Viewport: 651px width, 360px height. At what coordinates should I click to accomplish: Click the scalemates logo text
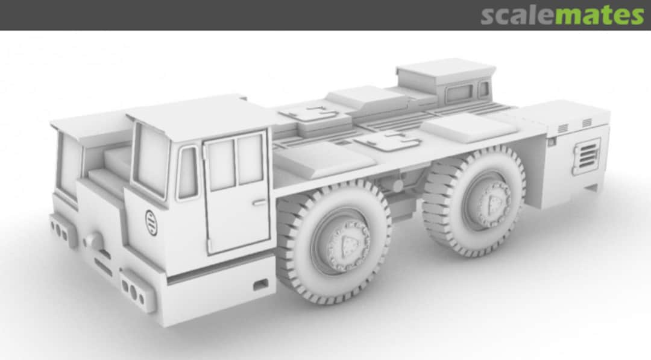point(562,14)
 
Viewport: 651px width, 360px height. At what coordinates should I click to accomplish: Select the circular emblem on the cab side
point(151,223)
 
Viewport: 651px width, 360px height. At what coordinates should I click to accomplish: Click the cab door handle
point(259,203)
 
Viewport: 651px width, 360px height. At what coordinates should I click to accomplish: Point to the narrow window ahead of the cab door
point(187,172)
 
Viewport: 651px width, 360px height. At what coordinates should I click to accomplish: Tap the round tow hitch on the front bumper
point(94,240)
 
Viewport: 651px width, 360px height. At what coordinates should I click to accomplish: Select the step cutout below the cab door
point(260,283)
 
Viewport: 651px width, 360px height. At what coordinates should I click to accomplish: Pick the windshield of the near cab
point(151,160)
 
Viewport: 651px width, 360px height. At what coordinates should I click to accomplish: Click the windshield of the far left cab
point(70,163)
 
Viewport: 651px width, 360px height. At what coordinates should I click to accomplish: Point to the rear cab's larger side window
point(459,93)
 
